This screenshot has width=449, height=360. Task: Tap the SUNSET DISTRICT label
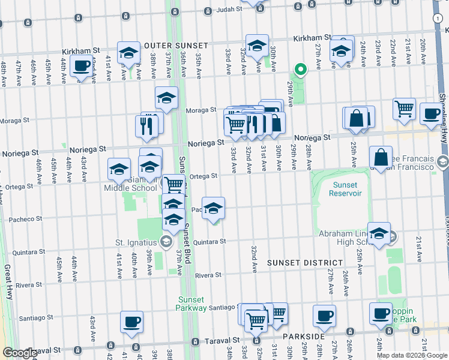304,263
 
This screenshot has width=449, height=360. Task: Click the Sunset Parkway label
191,304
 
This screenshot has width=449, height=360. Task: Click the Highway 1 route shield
436,19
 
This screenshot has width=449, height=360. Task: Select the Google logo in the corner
20,353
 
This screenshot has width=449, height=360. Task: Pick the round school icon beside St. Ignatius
166,242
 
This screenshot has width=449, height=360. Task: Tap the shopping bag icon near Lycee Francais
381,158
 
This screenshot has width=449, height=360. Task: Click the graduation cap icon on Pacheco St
213,209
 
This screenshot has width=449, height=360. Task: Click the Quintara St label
209,242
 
